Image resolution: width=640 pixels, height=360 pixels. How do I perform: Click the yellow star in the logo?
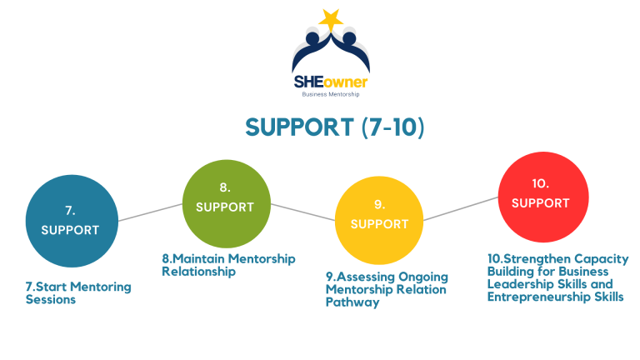coord(329,17)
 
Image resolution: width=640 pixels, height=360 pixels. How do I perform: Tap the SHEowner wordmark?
coord(330,82)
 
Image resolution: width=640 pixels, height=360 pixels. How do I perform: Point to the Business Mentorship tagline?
coord(330,95)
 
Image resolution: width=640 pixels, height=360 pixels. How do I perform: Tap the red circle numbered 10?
coord(540,195)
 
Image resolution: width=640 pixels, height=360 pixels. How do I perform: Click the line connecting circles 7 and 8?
coord(150,212)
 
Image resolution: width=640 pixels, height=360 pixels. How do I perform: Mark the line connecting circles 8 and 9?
coord(302,211)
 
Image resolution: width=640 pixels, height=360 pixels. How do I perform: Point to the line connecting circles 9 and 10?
coord(461,209)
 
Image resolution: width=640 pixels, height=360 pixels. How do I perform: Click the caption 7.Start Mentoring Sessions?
coord(78,292)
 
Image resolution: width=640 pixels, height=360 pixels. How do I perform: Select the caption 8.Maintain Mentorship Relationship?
coord(228,264)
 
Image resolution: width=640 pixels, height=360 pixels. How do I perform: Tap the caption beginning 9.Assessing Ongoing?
coord(386,289)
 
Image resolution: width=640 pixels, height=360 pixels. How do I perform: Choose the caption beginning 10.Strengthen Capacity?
coord(557,277)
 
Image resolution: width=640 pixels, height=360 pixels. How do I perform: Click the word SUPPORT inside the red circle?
coord(540,202)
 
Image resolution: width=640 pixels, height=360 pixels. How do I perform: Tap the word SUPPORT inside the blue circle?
coord(71,230)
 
